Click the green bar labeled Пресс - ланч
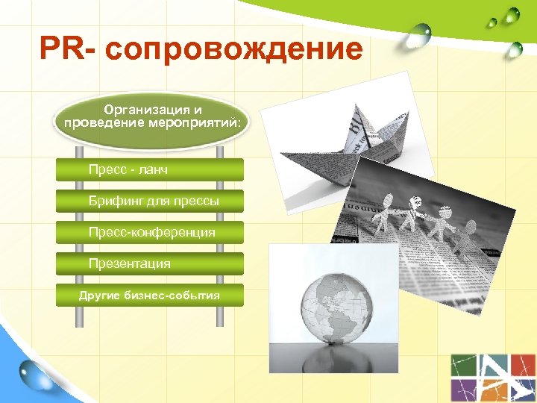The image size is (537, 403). pos(149,170)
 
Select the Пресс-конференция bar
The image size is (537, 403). pos(149,233)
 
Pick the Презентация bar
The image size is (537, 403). pos(149,263)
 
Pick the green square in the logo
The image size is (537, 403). pos(465,365)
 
